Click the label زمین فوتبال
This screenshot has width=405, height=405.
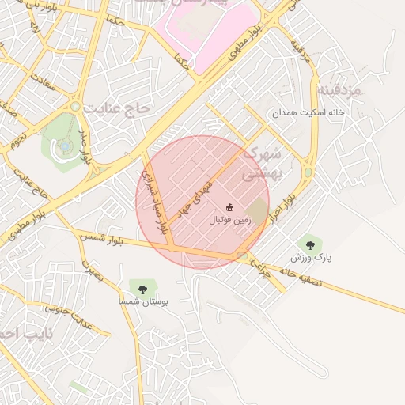229,221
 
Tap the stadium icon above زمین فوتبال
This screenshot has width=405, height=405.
230,209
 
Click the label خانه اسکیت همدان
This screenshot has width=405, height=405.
308,114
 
